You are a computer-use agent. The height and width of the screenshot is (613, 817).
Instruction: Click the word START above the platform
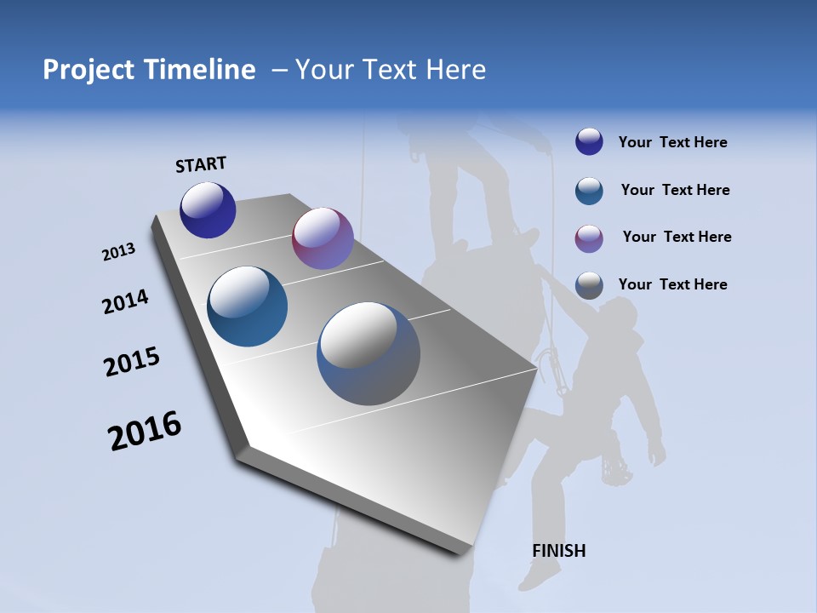[x=201, y=164]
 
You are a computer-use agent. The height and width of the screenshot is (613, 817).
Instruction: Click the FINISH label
[x=558, y=551]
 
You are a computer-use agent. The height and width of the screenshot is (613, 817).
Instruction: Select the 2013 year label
[x=118, y=252]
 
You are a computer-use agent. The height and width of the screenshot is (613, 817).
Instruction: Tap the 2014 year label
[x=125, y=302]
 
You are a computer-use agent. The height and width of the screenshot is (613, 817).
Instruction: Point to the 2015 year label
[x=132, y=362]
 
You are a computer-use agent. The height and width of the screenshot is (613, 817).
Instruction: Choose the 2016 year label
[x=145, y=431]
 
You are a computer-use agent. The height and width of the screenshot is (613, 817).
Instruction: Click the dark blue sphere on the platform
[x=208, y=210]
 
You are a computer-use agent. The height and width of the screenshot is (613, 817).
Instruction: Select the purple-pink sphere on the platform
[x=323, y=238]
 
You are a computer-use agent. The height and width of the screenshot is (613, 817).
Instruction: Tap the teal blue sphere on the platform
[x=248, y=306]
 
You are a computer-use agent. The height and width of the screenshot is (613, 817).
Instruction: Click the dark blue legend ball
[x=589, y=142]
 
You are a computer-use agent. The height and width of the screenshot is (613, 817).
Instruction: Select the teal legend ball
[x=589, y=191]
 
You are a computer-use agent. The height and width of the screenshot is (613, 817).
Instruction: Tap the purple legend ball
[x=589, y=238]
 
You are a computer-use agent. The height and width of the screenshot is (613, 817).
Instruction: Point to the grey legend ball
[x=589, y=285]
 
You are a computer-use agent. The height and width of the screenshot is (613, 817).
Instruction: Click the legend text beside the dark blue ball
[x=672, y=142]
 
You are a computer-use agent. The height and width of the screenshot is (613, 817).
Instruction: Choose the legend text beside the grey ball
[x=672, y=284]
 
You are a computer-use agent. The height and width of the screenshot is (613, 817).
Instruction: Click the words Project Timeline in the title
[x=149, y=70]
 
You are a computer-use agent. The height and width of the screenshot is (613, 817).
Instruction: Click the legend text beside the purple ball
[x=677, y=237]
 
